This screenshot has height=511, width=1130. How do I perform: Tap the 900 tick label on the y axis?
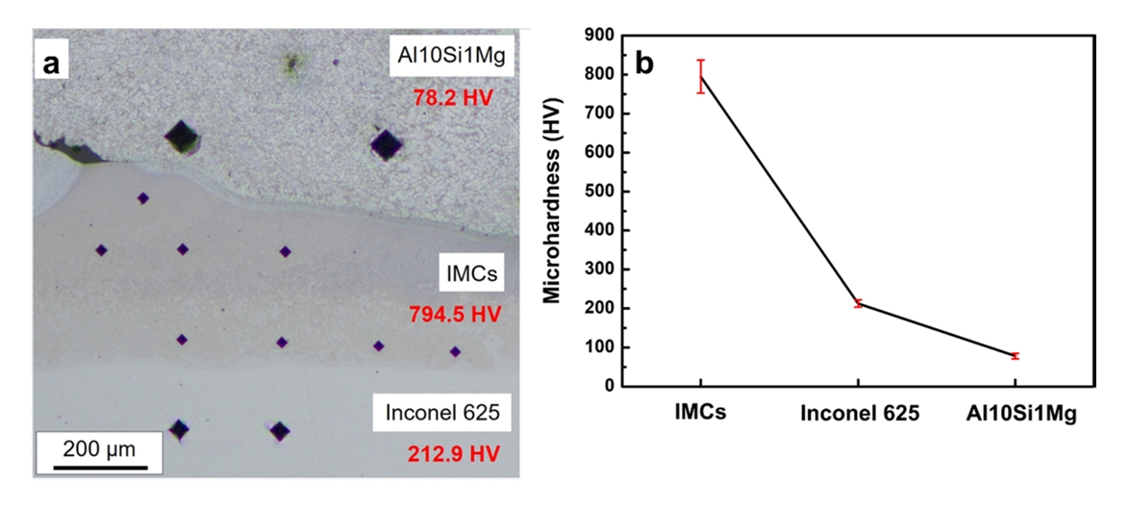pyautogui.click(x=604, y=36)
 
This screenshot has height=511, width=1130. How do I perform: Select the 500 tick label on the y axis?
pyautogui.click(x=604, y=192)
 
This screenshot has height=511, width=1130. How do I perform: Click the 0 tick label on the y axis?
pyautogui.click(x=613, y=387)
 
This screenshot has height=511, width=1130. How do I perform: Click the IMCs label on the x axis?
pyautogui.click(x=699, y=414)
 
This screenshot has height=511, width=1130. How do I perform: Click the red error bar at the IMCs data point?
pyautogui.click(x=701, y=76)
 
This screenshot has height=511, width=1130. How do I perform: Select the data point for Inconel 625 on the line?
pyautogui.click(x=858, y=303)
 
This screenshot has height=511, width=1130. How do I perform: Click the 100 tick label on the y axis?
pyautogui.click(x=604, y=347)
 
